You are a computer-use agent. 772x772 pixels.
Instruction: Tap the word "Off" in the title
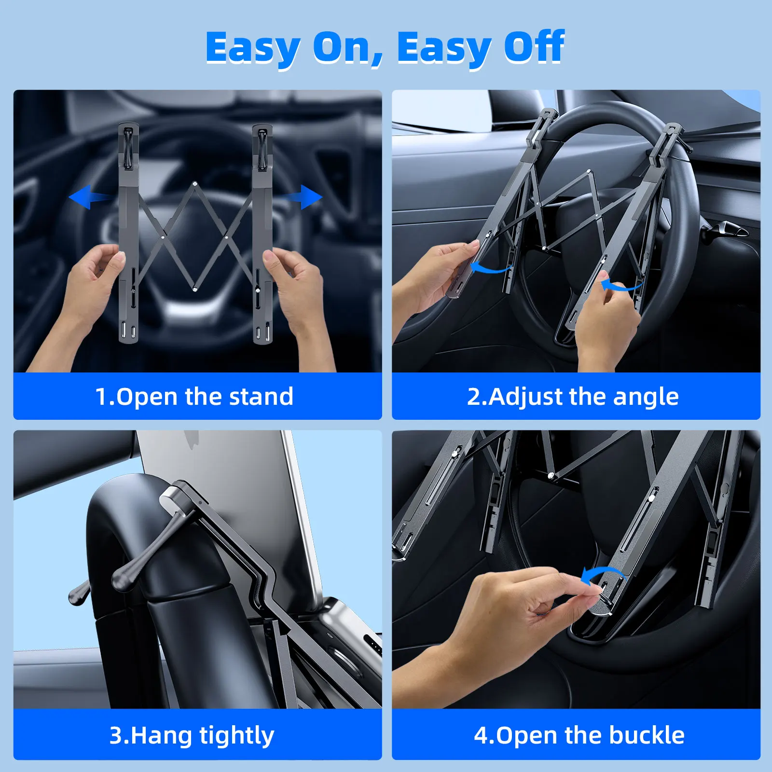coord(534,47)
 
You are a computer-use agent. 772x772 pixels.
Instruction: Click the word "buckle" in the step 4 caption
coord(647,735)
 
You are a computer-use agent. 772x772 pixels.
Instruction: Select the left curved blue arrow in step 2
coord(490,268)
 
